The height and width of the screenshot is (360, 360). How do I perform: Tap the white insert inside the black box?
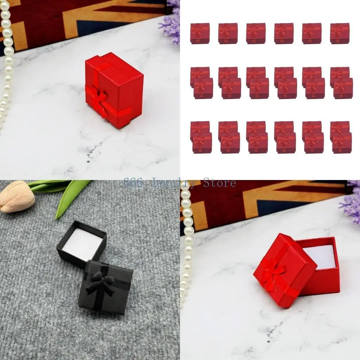click(x=82, y=245)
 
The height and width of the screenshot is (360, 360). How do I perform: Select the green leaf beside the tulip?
click(x=70, y=194)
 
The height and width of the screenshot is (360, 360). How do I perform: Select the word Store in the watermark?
click(x=220, y=183)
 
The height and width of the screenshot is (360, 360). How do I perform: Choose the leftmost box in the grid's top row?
click(x=200, y=33)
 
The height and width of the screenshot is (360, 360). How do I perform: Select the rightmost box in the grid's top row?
click(x=340, y=33)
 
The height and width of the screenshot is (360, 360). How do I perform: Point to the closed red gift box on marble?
click(x=114, y=90)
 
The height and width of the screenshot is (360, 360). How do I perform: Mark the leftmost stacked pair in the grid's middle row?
click(x=201, y=83)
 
